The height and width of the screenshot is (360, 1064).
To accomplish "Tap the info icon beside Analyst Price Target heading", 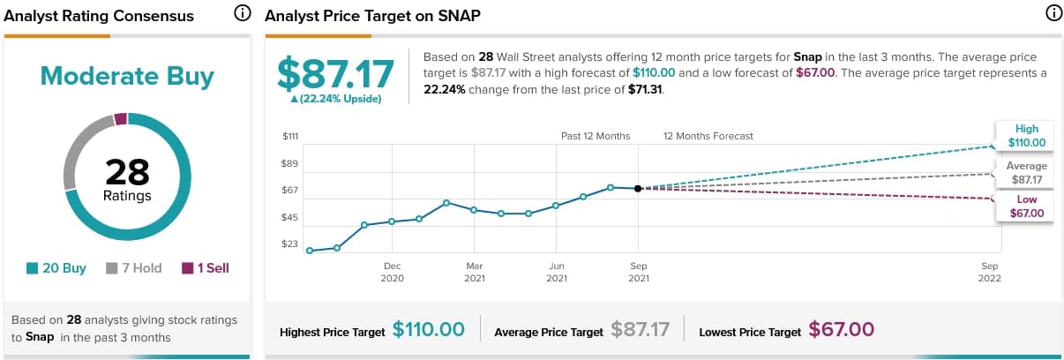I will pos(1052,14).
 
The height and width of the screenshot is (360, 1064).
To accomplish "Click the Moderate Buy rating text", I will pos(127,77).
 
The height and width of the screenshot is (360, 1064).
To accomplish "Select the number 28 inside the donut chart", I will pos(127,172).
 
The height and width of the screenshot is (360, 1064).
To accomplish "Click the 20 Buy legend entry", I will pos(56,268).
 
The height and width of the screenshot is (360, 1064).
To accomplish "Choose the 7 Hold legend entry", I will pos(134,268).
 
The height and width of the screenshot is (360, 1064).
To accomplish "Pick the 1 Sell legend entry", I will pos(206,268).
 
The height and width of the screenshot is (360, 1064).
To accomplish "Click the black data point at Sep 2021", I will pos(638,188).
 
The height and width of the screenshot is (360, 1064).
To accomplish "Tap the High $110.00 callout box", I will pos(1025,136).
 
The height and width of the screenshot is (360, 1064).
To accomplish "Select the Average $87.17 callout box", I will pos(1025,173).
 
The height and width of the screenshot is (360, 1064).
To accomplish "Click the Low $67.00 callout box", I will pos(1025,206).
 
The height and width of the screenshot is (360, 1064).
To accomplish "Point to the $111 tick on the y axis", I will pos(290,137).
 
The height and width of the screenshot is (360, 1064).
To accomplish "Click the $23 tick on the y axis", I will pos(290,244).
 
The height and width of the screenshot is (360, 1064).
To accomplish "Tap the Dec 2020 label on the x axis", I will pos(393,272).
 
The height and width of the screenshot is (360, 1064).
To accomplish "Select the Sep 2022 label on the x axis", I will pos(989,272).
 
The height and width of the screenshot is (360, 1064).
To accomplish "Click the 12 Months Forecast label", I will pos(708,137).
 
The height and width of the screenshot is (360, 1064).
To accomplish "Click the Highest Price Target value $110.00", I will pos(428,330).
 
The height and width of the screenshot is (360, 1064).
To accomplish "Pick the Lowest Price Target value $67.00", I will pos(841,330).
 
